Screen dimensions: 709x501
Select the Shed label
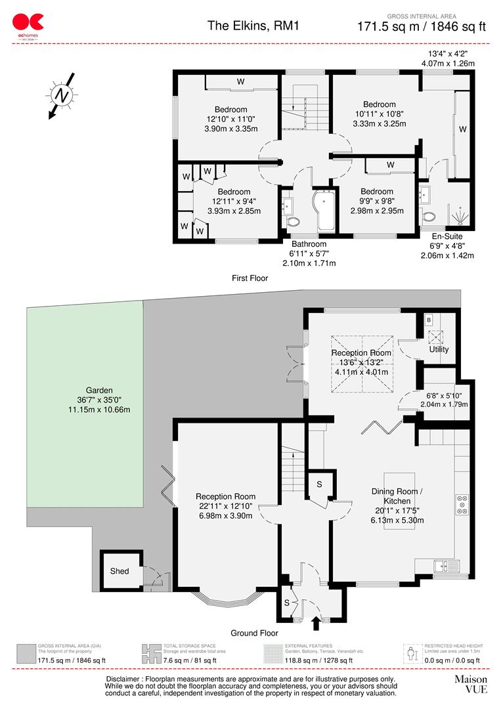(x=120, y=571)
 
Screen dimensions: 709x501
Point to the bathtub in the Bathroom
(x=326, y=211)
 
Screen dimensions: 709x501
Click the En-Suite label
(x=447, y=236)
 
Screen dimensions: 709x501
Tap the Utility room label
(x=439, y=349)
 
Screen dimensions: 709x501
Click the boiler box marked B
(x=429, y=320)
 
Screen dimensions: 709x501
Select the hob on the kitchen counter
(x=461, y=504)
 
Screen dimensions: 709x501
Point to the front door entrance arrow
(x=315, y=621)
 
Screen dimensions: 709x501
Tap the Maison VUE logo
(x=470, y=684)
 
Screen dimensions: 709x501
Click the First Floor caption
(x=250, y=278)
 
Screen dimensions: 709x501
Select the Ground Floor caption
(x=254, y=633)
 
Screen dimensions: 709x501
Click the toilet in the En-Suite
(x=429, y=216)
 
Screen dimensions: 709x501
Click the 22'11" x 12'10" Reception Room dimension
(x=225, y=507)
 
